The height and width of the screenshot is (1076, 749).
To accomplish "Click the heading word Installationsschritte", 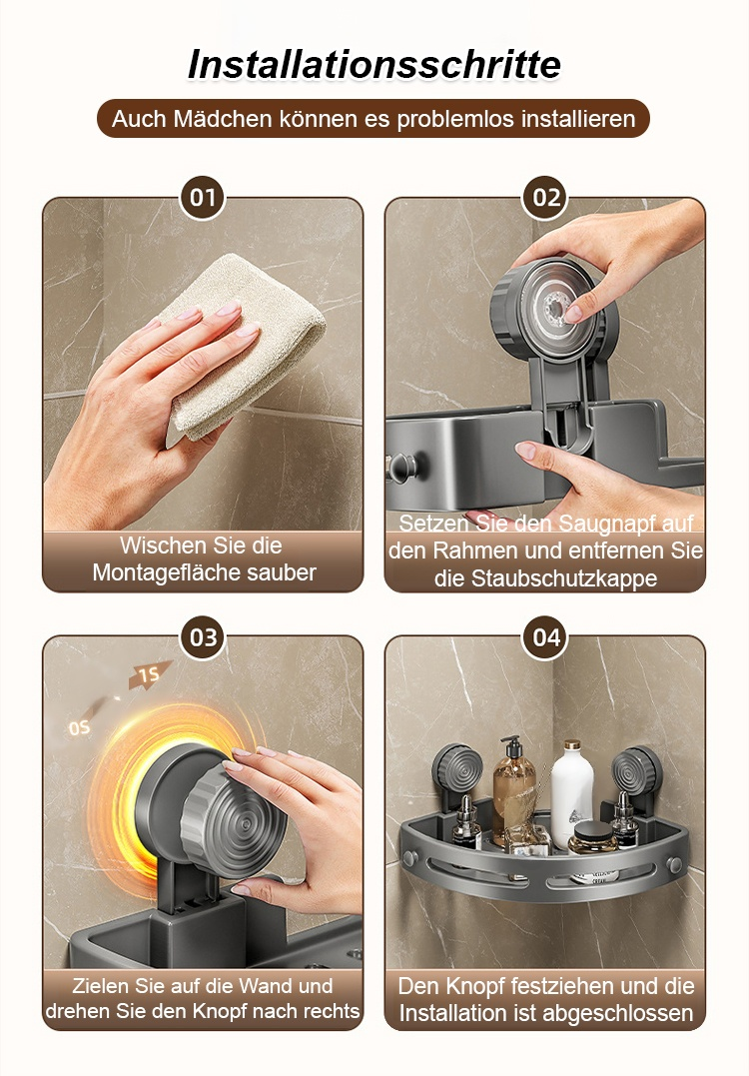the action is point(374,65).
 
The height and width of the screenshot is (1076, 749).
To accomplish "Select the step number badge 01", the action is point(203,198).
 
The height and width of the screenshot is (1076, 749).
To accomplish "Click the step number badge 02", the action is point(546,198).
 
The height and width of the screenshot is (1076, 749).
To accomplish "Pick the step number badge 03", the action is point(203,637).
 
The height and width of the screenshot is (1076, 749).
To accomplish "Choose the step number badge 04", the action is point(546,637).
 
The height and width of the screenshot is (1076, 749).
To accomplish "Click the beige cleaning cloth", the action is point(244,343).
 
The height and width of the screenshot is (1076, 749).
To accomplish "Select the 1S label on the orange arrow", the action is point(149,674).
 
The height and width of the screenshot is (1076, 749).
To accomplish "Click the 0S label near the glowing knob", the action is point(79,727).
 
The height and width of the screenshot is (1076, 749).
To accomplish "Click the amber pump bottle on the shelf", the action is point(513,789).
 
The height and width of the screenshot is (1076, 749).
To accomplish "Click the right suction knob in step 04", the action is point(636,771).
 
